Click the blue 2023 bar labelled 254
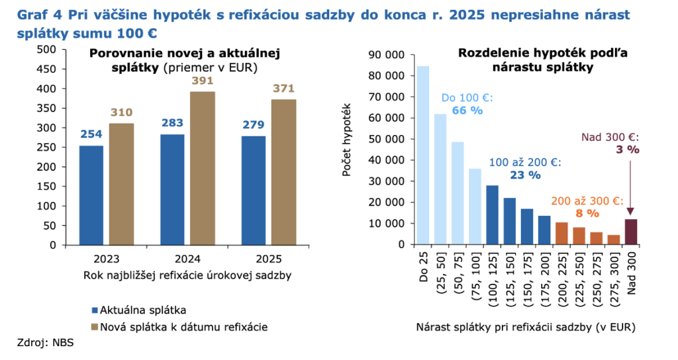(x=91, y=195)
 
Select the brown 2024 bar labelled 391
(x=203, y=168)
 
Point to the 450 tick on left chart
(x=46, y=69)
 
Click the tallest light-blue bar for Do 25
(x=422, y=156)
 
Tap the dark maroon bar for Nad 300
(x=630, y=232)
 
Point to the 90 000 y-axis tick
(x=386, y=55)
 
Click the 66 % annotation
(x=468, y=110)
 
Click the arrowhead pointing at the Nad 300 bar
(x=630, y=213)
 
